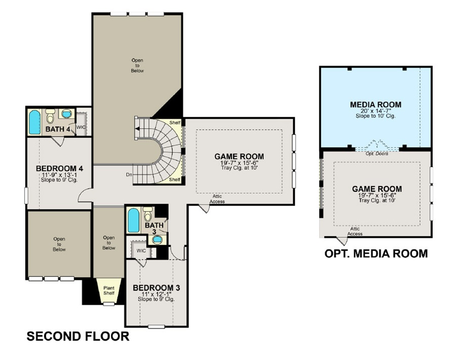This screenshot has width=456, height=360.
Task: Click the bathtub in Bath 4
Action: pyautogui.click(x=34, y=122)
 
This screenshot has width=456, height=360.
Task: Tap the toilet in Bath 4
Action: pyautogui.click(x=51, y=116)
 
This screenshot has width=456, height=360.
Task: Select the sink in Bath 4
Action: pyautogui.click(x=66, y=114)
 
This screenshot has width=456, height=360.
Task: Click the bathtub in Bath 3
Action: pyautogui.click(x=133, y=220)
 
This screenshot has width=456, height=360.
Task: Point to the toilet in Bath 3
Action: pyautogui.click(x=148, y=214)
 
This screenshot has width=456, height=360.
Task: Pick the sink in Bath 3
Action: pyautogui.click(x=158, y=239)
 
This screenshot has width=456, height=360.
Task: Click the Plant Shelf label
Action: pyautogui.click(x=109, y=291)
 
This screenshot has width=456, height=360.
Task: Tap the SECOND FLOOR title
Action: pyautogui.click(x=78, y=336)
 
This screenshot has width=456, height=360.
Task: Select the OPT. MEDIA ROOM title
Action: pyautogui.click(x=376, y=254)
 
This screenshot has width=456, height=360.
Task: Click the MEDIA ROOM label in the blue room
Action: pyautogui.click(x=375, y=104)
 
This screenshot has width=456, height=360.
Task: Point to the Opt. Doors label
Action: pyautogui.click(x=376, y=153)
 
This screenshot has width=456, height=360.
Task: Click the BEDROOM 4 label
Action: pyautogui.click(x=59, y=168)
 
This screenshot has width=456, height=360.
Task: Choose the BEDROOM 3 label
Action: pyautogui.click(x=156, y=288)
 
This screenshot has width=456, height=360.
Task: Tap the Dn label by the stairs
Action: pyautogui.click(x=129, y=174)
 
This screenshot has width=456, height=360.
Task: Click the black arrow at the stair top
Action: pyautogui.click(x=137, y=129)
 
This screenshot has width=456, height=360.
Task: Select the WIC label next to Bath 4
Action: pyautogui.click(x=81, y=127)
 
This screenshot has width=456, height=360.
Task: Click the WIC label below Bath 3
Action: pyautogui.click(x=141, y=250)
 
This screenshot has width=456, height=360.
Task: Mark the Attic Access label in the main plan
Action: pyautogui.click(x=217, y=199)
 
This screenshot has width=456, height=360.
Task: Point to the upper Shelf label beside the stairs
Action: pyautogui.click(x=175, y=123)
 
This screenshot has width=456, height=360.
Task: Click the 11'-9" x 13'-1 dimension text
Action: pyautogui.click(x=59, y=175)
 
